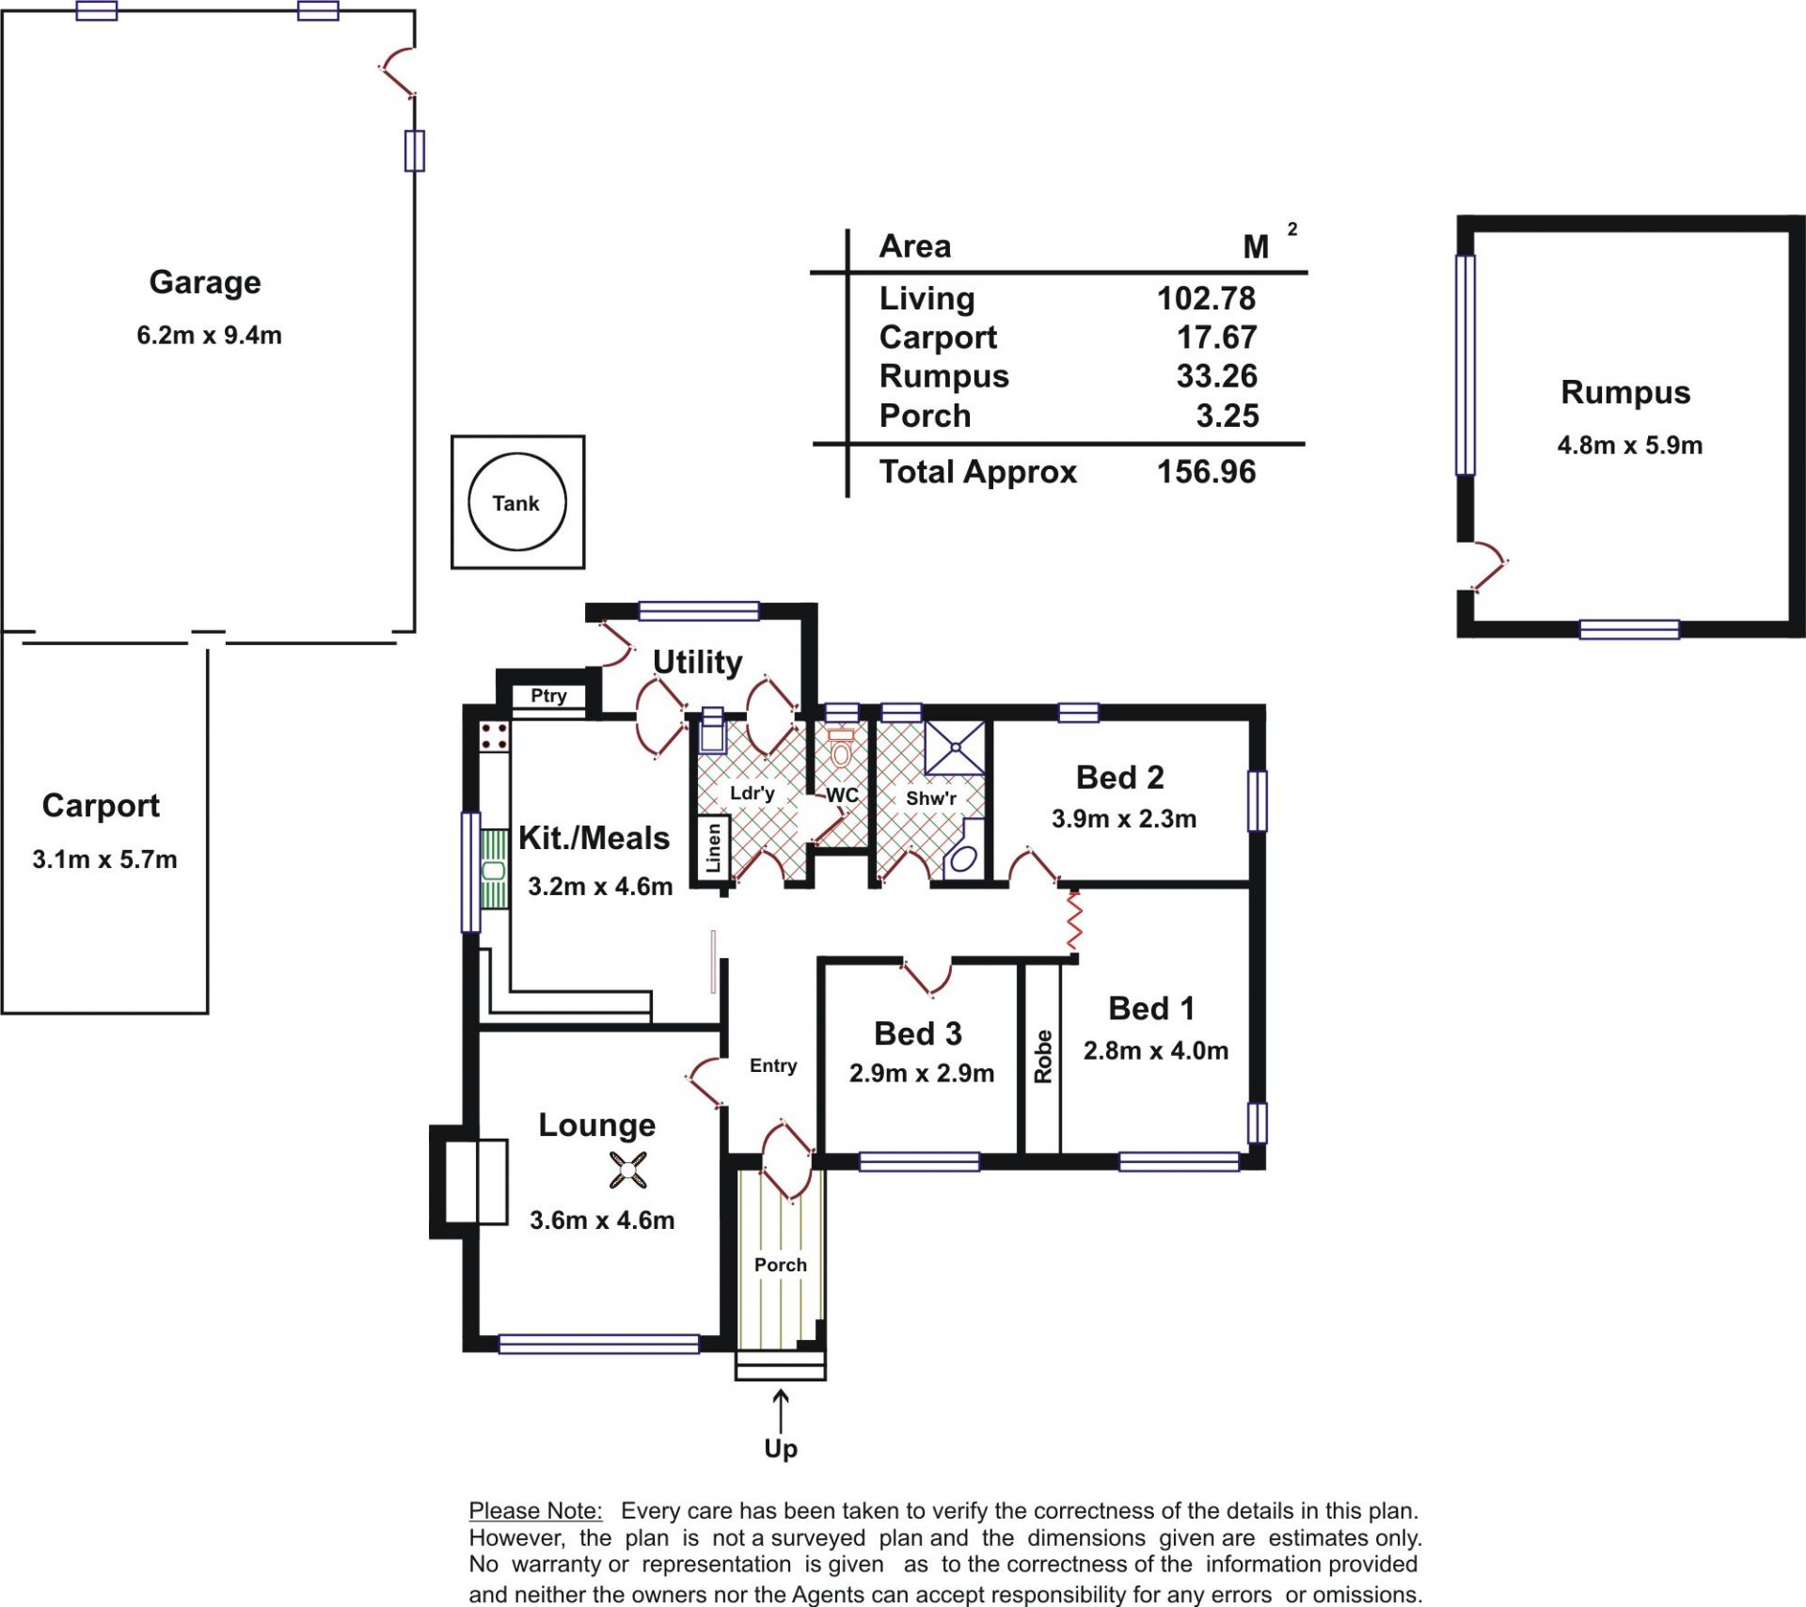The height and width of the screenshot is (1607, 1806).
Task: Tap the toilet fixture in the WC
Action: [841, 748]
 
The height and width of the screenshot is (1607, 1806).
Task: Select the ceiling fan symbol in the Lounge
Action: [627, 1171]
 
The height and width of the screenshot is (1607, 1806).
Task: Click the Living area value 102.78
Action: [1206, 298]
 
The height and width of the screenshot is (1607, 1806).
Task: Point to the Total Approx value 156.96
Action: [1206, 471]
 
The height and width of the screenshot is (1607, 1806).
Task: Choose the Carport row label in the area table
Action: [938, 338]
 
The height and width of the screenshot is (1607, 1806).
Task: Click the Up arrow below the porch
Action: [780, 1411]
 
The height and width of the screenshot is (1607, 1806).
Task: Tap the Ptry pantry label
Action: [548, 696]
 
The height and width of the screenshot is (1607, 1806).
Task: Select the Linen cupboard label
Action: [714, 847]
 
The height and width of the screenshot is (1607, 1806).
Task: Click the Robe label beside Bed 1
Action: [1042, 1057]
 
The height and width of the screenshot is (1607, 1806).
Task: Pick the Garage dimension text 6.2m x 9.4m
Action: [209, 335]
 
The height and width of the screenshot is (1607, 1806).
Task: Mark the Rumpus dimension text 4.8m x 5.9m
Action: [1630, 445]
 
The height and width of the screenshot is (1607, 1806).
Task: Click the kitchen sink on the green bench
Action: [494, 870]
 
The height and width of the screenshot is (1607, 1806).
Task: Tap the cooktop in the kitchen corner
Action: [495, 736]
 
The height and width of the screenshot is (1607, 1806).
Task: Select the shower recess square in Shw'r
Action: [955, 748]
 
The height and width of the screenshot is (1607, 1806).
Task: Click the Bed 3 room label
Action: [917, 1033]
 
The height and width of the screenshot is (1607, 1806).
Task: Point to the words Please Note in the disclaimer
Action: [535, 1510]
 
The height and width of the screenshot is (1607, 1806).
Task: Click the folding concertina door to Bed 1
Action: [1073, 921]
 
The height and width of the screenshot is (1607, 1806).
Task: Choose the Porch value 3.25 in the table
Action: [1227, 416]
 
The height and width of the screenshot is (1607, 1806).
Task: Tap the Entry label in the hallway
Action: [773, 1065]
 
